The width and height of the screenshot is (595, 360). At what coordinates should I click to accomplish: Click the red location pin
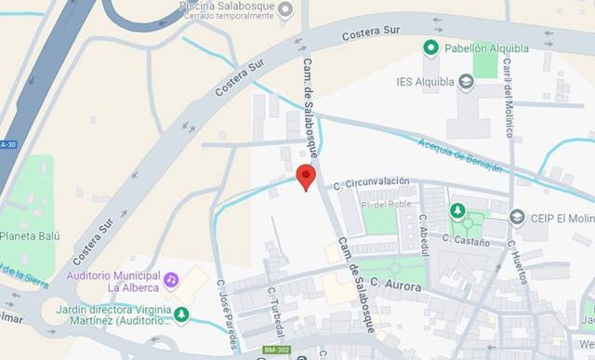pyautogui.click(x=306, y=176)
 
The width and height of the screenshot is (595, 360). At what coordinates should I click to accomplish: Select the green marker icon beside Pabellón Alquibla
pyautogui.click(x=430, y=47)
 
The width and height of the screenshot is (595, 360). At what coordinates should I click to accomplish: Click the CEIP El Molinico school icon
pyautogui.click(x=517, y=217)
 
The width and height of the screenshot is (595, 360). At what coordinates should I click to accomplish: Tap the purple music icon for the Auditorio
pyautogui.click(x=171, y=279)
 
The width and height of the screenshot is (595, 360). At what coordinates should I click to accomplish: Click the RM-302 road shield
pyautogui.click(x=277, y=350)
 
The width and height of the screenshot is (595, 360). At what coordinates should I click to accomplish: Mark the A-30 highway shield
pyautogui.click(x=8, y=144)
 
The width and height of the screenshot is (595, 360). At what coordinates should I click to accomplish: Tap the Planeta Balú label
pyautogui.click(x=30, y=236)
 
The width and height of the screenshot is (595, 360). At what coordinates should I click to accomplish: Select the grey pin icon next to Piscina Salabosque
pyautogui.click(x=285, y=9)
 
